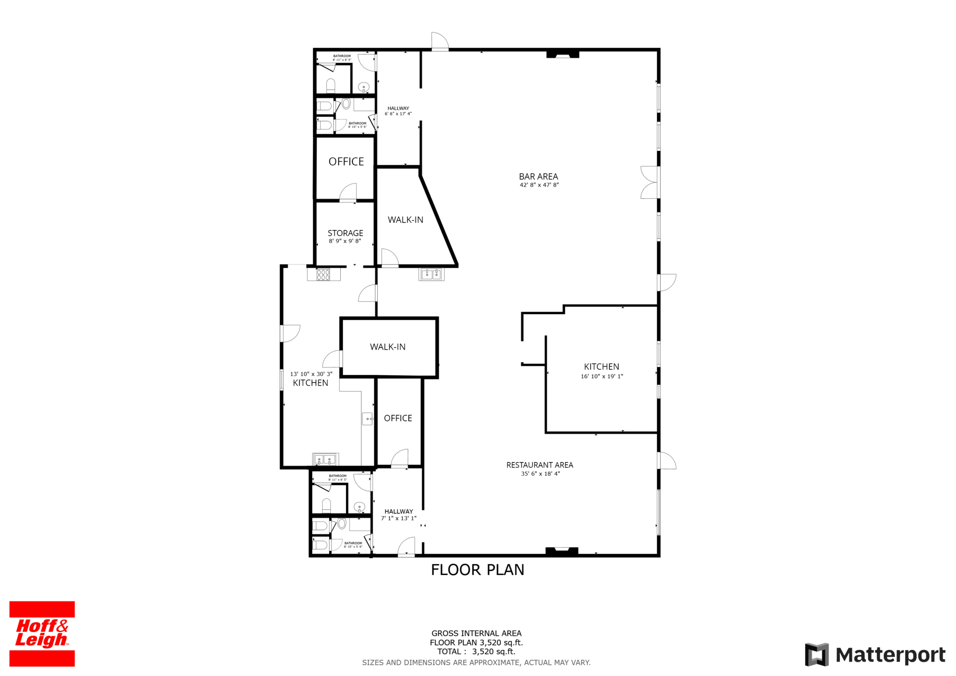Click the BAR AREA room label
(538, 176)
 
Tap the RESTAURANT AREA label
(540, 465)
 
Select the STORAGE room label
(345, 233)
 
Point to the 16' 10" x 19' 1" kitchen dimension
(602, 376)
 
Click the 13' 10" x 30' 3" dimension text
(311, 374)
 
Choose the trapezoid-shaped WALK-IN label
(405, 220)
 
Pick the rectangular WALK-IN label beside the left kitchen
(387, 347)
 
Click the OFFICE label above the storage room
(346, 162)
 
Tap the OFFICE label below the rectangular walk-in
(398, 418)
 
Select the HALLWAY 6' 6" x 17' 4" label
(398, 111)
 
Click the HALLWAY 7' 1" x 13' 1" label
(399, 515)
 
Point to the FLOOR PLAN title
(478, 570)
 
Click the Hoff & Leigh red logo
(42, 634)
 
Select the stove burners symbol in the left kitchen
(323, 275)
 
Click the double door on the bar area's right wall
(649, 182)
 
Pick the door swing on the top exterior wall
(440, 41)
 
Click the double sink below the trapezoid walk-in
(431, 274)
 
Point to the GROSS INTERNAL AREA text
(477, 634)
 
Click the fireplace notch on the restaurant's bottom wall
(562, 551)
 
